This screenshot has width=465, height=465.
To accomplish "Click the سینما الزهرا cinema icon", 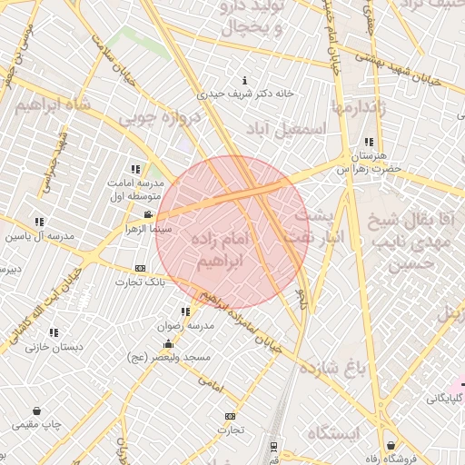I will click(x=149, y=215).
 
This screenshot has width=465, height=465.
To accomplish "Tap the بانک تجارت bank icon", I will click(x=139, y=268).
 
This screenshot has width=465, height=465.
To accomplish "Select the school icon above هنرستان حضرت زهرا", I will click(x=368, y=142).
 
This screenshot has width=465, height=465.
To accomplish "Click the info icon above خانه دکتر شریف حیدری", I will click(x=242, y=80).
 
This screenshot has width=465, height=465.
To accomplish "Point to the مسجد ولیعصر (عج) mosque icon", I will click(x=168, y=343).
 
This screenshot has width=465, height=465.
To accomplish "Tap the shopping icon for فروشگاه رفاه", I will click(x=391, y=446).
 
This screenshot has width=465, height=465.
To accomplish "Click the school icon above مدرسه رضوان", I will click(x=185, y=312).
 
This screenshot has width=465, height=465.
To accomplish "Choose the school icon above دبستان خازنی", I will click(x=54, y=331).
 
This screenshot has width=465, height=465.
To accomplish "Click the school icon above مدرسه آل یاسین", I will click(x=38, y=222).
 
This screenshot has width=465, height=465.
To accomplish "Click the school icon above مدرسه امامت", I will click(x=136, y=169).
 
